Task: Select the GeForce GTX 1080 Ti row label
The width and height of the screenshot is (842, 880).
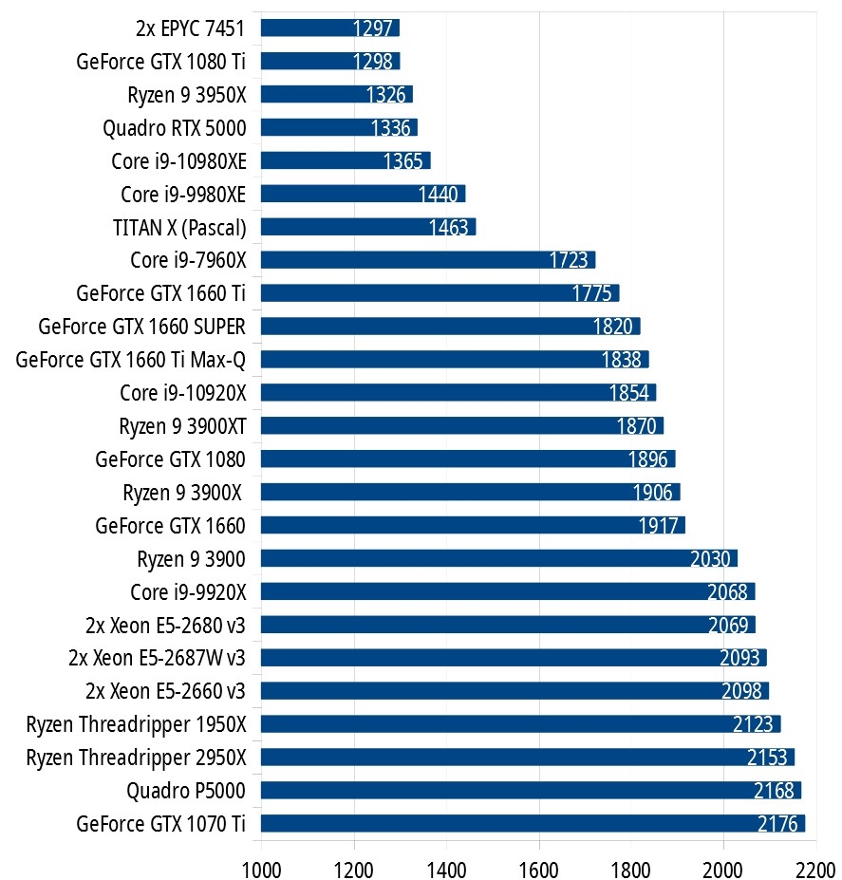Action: coord(160,61)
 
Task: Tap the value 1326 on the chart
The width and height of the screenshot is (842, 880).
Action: coord(387,95)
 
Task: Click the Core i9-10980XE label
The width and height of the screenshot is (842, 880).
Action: coord(178,160)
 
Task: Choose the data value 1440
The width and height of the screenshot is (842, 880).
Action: coord(439,195)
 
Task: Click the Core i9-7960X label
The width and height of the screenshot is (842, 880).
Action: coord(188,260)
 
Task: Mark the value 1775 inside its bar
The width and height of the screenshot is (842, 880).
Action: coord(592,294)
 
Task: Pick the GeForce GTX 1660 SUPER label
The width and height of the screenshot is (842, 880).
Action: coord(141,327)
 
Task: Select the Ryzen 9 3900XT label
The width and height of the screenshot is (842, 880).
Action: coord(182,425)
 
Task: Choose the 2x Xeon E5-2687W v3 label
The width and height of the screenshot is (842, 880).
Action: coord(157,657)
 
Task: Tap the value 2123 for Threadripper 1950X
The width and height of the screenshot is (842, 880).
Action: coord(754,725)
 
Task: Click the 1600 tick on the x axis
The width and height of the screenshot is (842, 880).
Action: coord(539,867)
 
